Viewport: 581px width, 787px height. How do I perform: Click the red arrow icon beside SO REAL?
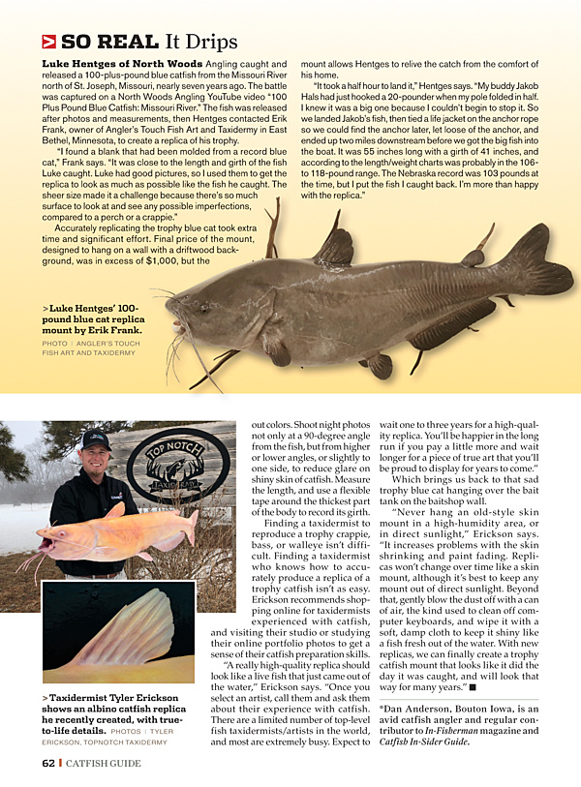(48, 42)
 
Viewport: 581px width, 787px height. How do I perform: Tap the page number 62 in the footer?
(47, 763)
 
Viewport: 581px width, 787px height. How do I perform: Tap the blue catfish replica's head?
(203, 311)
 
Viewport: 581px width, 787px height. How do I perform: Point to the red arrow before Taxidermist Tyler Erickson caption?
(46, 697)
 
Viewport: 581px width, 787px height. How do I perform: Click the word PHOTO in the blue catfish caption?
(55, 343)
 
